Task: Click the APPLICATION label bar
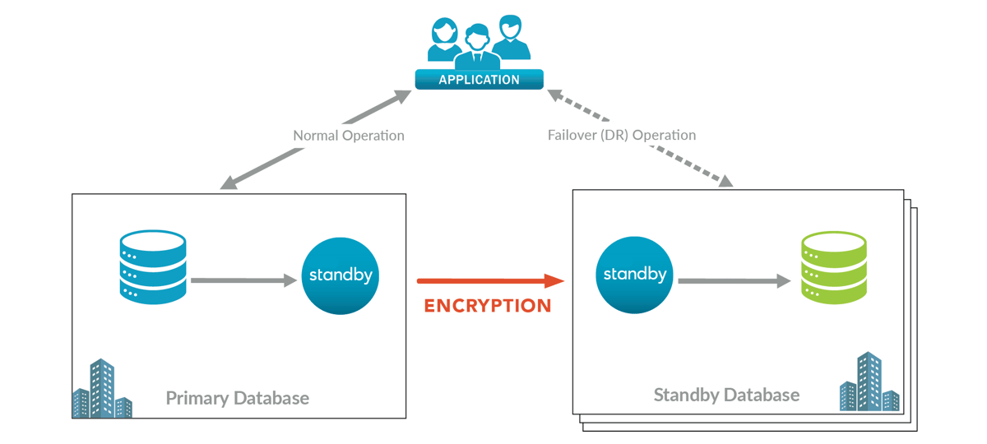click(479, 80)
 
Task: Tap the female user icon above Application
click(444, 41)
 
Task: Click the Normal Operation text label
click(349, 136)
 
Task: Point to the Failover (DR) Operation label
click(622, 136)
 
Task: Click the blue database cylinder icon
click(153, 265)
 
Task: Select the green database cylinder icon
click(833, 267)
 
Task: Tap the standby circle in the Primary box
click(341, 275)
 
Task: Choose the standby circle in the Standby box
click(634, 275)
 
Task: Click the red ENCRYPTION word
click(488, 307)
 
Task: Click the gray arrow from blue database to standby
click(243, 281)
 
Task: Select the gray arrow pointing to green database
click(734, 281)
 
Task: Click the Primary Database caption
click(238, 399)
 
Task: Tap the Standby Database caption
click(726, 395)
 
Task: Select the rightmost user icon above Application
click(511, 37)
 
